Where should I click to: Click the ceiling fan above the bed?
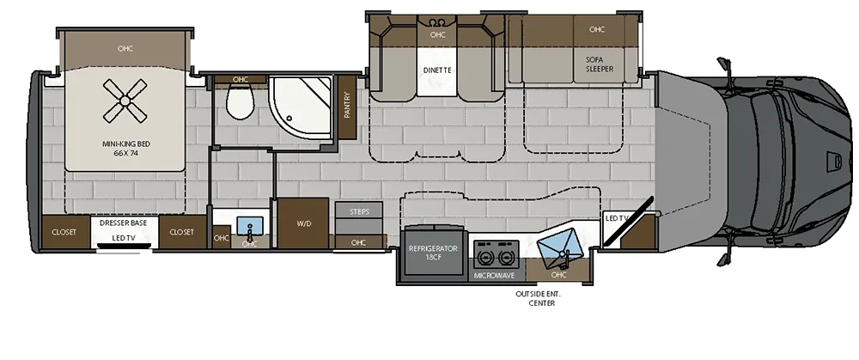pyautogui.click(x=125, y=101)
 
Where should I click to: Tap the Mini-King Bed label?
pyautogui.click(x=126, y=149)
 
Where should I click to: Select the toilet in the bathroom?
pyautogui.click(x=241, y=102)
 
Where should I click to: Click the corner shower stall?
pyautogui.click(x=301, y=108)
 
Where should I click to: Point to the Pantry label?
pyautogui.click(x=347, y=105)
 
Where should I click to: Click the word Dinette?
pyautogui.click(x=437, y=70)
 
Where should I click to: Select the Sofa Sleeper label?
pyautogui.click(x=600, y=64)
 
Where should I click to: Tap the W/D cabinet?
pyautogui.click(x=303, y=223)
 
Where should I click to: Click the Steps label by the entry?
pyautogui.click(x=359, y=211)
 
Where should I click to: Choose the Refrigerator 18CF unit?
pyautogui.click(x=433, y=253)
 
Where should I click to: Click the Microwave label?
pyautogui.click(x=494, y=276)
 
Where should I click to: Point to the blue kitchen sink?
pyautogui.click(x=560, y=246)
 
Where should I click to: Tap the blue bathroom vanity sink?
pyautogui.click(x=250, y=225)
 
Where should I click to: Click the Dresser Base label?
pyautogui.click(x=123, y=223)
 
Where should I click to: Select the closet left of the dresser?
pyautogui.click(x=64, y=232)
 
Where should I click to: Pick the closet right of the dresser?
pyautogui.click(x=182, y=232)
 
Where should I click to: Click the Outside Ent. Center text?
pyautogui.click(x=538, y=299)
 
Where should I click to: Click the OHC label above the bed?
pyautogui.click(x=125, y=48)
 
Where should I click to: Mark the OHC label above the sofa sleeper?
pyautogui.click(x=597, y=29)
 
